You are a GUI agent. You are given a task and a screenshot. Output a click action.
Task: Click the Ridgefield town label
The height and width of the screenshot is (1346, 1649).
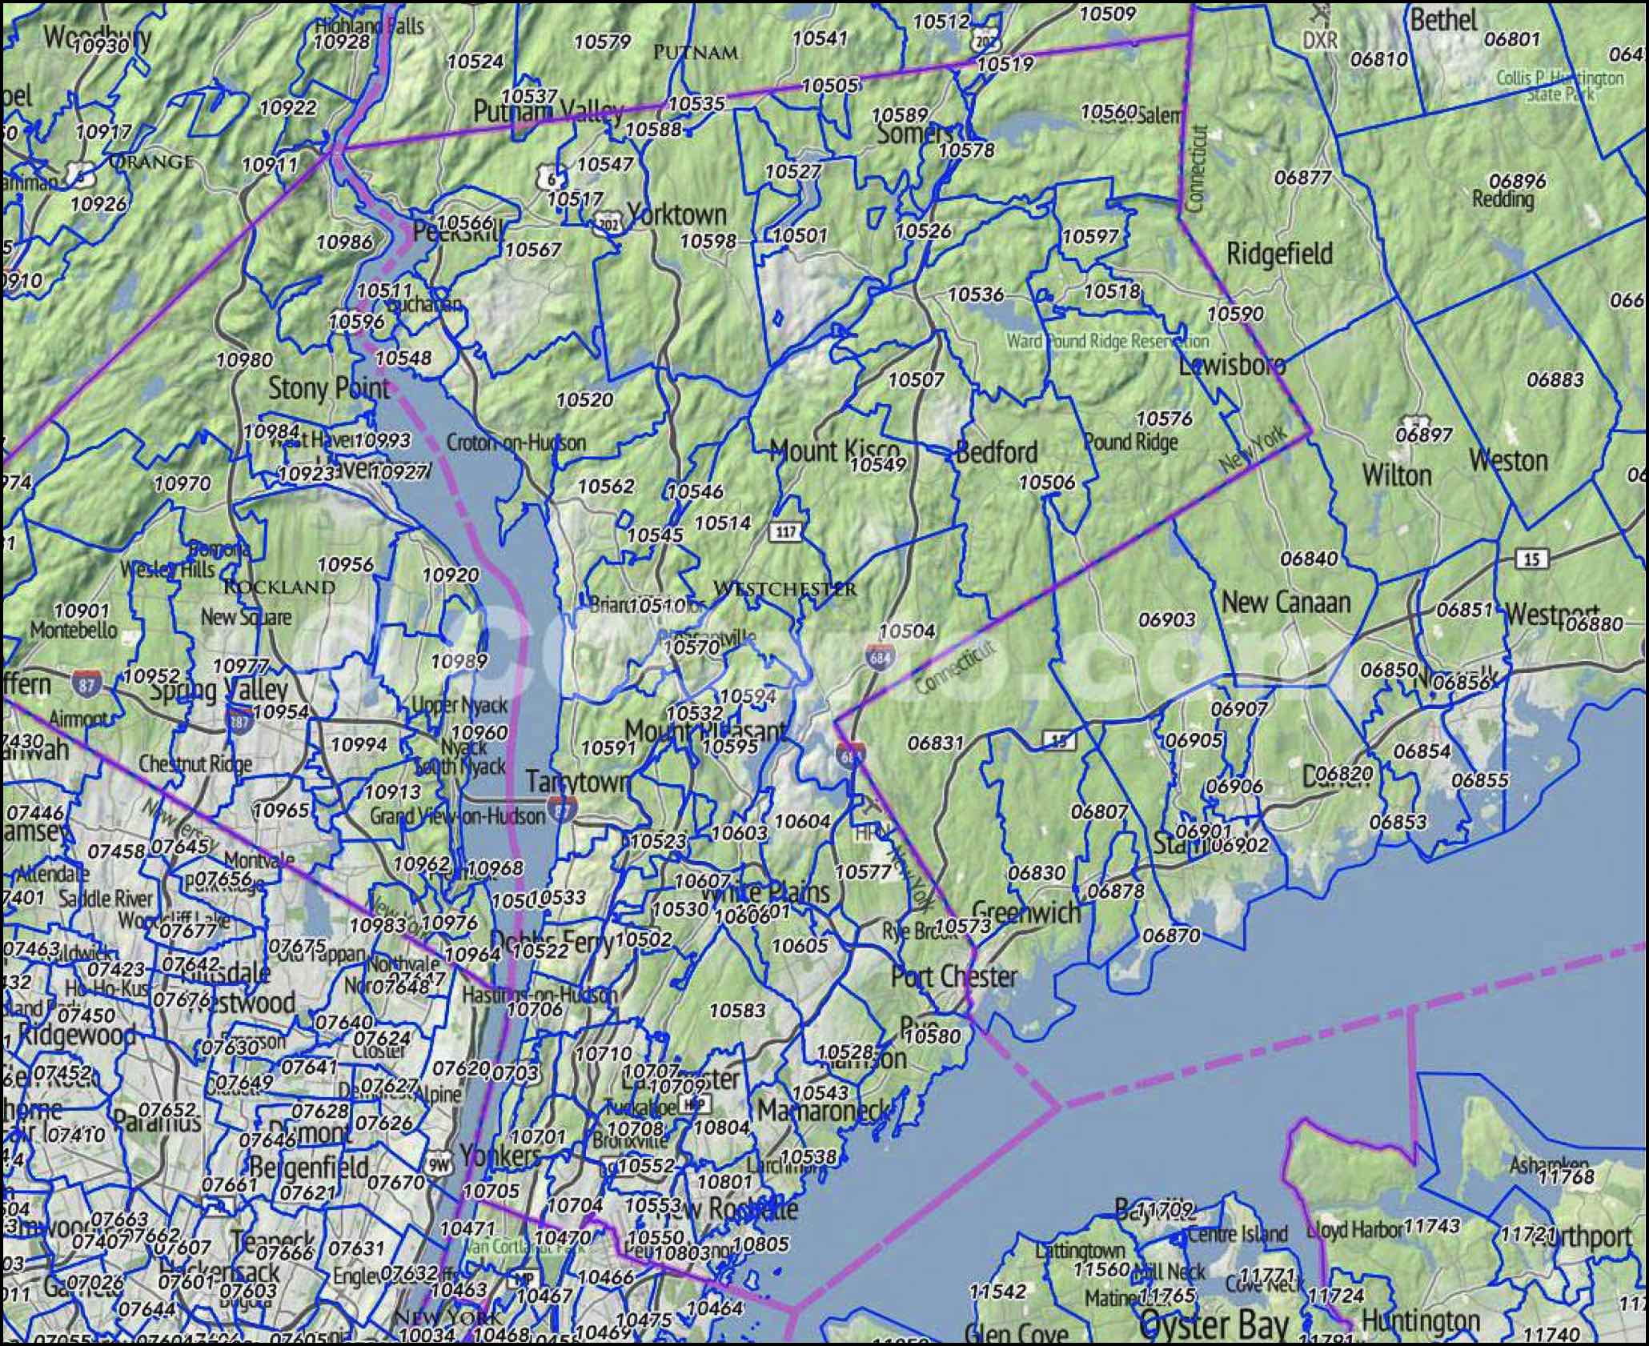(1279, 254)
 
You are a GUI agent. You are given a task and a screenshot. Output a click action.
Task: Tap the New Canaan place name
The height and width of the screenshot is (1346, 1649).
(1286, 602)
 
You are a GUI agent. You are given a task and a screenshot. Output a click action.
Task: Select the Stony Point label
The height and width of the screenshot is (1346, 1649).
(328, 389)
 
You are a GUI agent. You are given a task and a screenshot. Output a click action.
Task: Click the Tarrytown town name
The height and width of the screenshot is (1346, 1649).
(578, 781)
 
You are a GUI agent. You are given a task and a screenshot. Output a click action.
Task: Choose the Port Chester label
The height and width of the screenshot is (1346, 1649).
(954, 976)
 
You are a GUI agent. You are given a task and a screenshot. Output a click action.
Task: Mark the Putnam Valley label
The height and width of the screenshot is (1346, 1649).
(548, 112)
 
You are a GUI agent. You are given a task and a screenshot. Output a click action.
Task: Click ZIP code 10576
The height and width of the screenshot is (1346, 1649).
(1164, 418)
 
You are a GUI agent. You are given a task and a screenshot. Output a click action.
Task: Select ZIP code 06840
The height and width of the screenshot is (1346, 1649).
(1309, 558)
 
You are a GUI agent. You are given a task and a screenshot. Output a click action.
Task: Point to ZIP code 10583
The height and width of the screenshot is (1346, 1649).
(737, 1011)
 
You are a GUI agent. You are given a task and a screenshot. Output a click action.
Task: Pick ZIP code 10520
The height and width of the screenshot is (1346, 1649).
(584, 399)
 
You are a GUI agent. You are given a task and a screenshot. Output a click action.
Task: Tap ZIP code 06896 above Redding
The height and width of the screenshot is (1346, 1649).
(1518, 181)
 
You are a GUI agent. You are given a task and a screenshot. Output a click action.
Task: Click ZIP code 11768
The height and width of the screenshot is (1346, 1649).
(1567, 1176)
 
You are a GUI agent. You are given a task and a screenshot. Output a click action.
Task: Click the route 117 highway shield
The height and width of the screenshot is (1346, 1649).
(786, 531)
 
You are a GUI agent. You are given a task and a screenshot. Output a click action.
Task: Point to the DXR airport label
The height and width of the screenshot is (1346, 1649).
(1319, 39)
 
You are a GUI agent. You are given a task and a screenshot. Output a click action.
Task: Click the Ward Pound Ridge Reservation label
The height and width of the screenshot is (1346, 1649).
(1108, 342)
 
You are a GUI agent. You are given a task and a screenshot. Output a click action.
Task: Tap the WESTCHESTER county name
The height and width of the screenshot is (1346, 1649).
(784, 588)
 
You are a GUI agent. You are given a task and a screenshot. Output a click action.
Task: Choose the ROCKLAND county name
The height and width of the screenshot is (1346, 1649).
(278, 587)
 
